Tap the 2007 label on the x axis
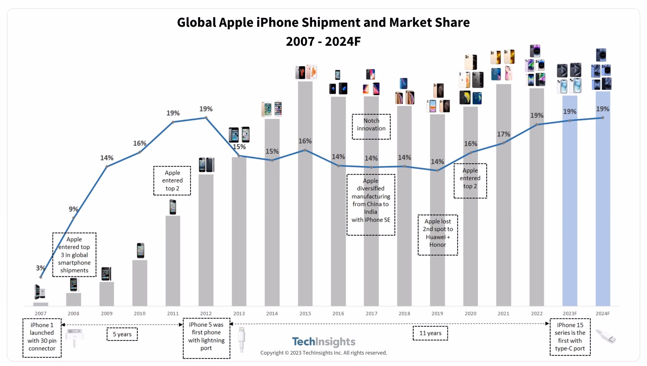click(x=40, y=313)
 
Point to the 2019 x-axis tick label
click(x=437, y=313)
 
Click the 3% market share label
click(x=40, y=268)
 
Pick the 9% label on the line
click(x=73, y=209)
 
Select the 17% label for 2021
click(x=503, y=134)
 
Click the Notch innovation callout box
click(x=371, y=126)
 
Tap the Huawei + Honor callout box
click(x=438, y=235)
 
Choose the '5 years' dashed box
click(x=122, y=334)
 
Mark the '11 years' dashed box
click(x=430, y=333)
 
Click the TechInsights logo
click(x=323, y=342)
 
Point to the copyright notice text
click(x=323, y=353)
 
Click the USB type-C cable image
click(x=606, y=337)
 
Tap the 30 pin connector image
click(x=74, y=337)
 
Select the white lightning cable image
click(x=241, y=339)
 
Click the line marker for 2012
click(x=206, y=118)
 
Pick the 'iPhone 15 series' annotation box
click(x=570, y=337)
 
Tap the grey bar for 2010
click(x=140, y=283)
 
